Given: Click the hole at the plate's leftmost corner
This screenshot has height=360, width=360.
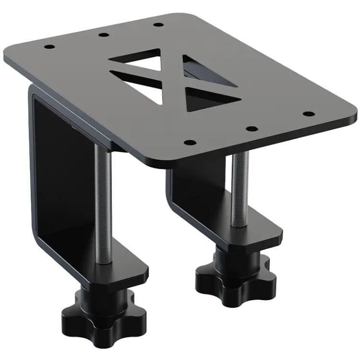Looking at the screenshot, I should [49, 47].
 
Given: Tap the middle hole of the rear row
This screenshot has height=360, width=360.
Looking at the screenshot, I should [102, 35].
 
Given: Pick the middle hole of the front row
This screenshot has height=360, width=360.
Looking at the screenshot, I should [250, 129].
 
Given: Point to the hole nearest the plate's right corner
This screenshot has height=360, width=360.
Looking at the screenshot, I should [310, 114].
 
